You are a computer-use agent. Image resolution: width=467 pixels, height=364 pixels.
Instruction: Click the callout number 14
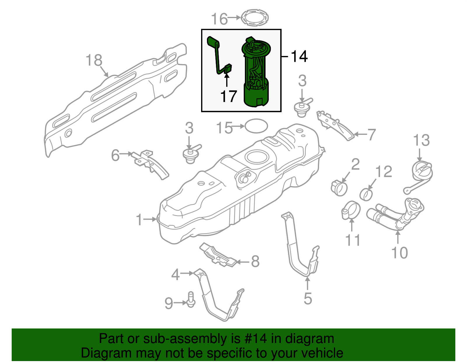[299, 56]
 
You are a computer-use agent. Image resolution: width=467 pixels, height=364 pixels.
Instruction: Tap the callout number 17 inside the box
[228, 96]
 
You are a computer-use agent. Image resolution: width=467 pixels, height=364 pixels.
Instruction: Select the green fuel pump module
[256, 73]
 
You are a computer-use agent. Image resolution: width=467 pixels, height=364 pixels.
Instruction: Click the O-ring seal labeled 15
[256, 126]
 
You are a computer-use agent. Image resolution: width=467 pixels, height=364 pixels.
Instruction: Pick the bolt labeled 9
[190, 300]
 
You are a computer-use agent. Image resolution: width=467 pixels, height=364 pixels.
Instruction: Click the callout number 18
[94, 60]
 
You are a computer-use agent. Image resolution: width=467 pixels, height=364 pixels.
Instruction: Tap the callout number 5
[308, 298]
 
